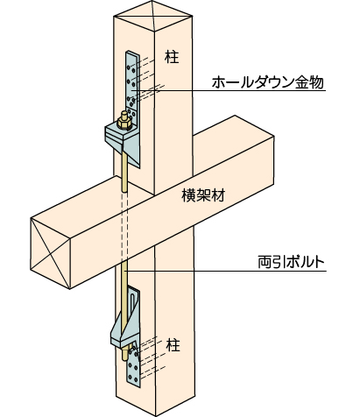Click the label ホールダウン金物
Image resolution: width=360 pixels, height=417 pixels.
[267, 82]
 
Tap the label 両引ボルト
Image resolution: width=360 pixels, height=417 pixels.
[291, 262]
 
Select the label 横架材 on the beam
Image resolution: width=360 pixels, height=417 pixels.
[203, 195]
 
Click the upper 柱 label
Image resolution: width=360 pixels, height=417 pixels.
[172, 57]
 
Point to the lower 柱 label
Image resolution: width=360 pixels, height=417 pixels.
[173, 345]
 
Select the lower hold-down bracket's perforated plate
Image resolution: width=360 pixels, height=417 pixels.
[133, 366]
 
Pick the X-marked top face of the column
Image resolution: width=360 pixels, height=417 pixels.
[152, 16]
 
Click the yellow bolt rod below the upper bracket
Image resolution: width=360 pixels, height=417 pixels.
[124, 173]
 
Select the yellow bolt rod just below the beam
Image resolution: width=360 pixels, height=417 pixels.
[124, 280]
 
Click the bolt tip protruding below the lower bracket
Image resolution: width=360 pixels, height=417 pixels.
[124, 354]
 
